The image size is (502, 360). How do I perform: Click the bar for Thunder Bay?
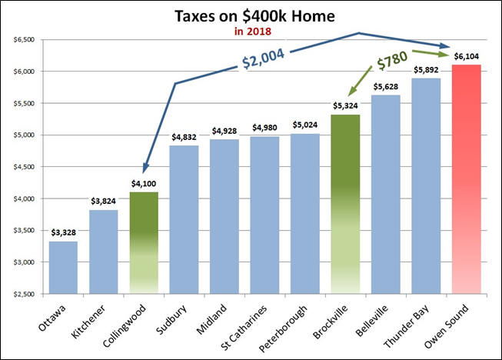pos(425,185)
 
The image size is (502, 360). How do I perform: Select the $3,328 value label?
pos(63,232)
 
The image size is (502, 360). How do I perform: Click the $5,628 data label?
pos(385,87)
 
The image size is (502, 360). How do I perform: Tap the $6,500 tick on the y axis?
pos(25,39)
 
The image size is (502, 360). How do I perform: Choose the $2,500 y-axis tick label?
pos(25,294)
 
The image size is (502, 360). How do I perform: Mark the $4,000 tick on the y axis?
pos(25,198)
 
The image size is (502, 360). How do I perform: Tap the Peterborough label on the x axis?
pos(292,326)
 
